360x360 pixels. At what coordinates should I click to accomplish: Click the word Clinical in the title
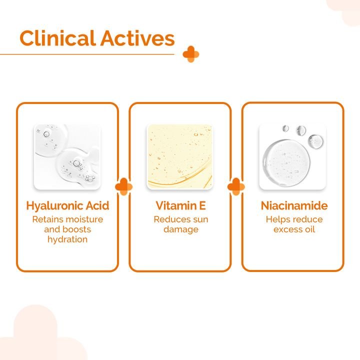click(57, 38)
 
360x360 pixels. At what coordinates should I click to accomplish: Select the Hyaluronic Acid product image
click(67, 156)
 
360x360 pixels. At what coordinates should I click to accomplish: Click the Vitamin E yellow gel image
click(179, 156)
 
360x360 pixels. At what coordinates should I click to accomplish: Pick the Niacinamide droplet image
click(292, 156)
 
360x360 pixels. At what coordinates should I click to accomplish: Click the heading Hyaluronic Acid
click(67, 205)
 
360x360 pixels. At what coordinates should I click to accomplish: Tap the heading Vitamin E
click(180, 205)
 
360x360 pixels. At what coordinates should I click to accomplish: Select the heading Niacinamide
click(292, 205)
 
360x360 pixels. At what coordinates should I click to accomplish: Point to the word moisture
click(85, 219)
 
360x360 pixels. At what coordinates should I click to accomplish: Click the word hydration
click(67, 239)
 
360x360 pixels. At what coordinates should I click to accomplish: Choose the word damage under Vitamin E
click(180, 229)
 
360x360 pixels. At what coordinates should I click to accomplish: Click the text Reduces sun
click(180, 219)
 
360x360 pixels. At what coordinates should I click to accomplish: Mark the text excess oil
click(293, 229)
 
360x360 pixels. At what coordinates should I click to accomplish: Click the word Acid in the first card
click(97, 205)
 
